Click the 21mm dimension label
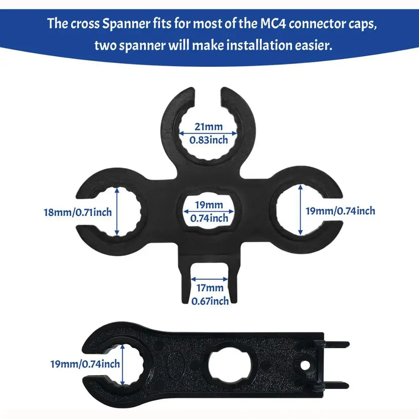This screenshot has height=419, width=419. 209,126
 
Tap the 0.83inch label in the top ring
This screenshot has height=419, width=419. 209,140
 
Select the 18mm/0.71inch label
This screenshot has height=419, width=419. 78,212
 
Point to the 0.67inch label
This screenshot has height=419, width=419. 210,301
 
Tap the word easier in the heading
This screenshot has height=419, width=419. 310,45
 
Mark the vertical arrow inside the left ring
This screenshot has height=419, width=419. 117,211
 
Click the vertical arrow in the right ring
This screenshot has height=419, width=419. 300,211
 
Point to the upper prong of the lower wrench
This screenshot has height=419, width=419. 337,345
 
